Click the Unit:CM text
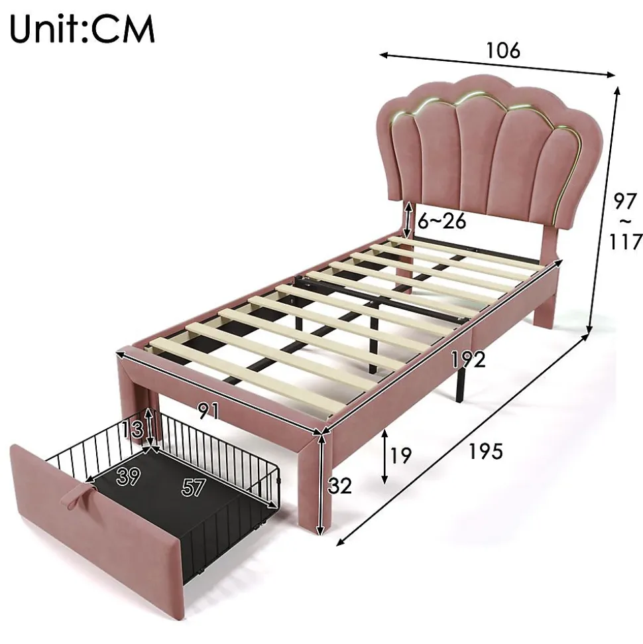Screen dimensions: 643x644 click(x=82, y=29)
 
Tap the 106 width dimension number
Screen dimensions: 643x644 click(x=503, y=50)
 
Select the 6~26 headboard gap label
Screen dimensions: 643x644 click(x=442, y=221)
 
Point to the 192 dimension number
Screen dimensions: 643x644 click(x=469, y=359)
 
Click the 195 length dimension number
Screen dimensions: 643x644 click(x=486, y=452)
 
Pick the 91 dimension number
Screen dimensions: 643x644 click(x=209, y=411)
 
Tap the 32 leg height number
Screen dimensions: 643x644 click(x=339, y=486)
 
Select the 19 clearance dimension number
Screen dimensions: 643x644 click(x=400, y=455)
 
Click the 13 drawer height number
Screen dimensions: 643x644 click(x=133, y=430)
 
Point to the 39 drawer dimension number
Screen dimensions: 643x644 click(x=128, y=476)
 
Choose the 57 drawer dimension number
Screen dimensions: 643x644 click(x=194, y=487)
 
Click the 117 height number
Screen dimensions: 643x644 click(x=625, y=241)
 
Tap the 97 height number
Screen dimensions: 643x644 click(x=625, y=201)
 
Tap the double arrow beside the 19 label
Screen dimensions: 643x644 click(x=384, y=456)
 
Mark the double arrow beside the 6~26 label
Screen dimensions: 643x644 click(x=408, y=220)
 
